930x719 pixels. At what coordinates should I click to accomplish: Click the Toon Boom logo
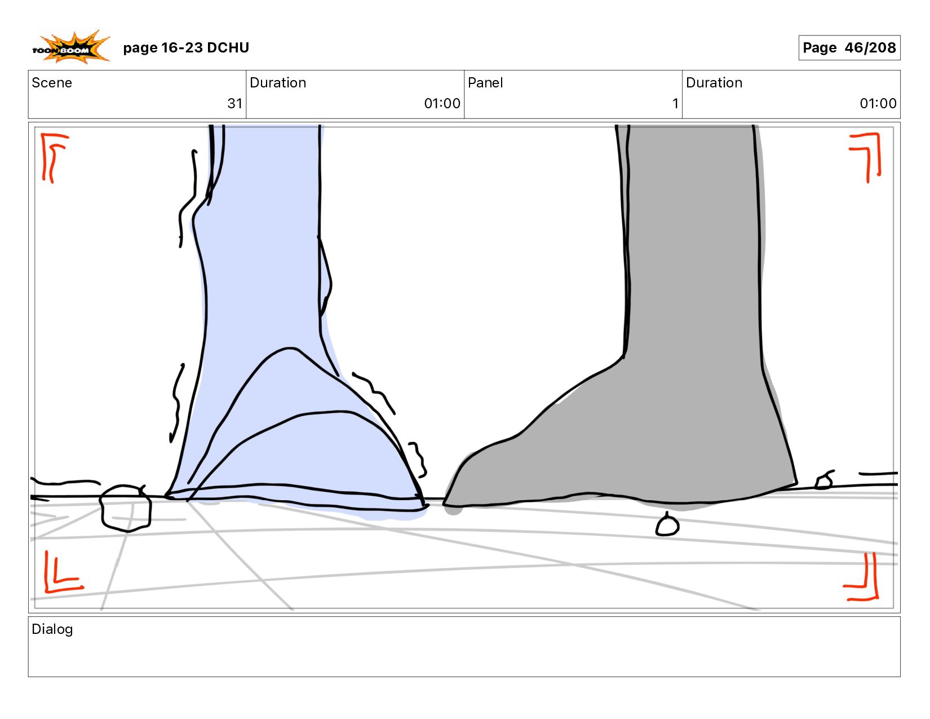point(70,47)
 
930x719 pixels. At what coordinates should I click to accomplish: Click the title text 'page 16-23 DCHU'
point(186,48)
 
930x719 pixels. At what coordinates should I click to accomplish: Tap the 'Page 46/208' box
point(849,48)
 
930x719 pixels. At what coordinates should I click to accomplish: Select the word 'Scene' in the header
point(52,83)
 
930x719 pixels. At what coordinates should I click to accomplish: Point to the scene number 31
point(234,104)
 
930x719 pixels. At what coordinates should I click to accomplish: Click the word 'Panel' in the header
point(485,83)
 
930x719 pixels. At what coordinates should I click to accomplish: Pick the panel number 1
point(675,104)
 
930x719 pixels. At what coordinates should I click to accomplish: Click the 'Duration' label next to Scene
point(278,83)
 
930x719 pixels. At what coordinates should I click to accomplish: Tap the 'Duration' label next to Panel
point(714,83)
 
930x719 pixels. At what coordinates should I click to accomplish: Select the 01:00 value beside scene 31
point(442,104)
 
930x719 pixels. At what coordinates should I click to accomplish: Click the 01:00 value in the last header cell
point(878,104)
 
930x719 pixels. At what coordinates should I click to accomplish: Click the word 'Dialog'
point(52,629)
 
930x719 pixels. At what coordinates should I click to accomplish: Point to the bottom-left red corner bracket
point(61,574)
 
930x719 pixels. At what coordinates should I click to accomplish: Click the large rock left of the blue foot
point(126,508)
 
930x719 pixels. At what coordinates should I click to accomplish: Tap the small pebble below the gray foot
point(667,526)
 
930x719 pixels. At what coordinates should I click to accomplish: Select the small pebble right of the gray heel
point(824,481)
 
